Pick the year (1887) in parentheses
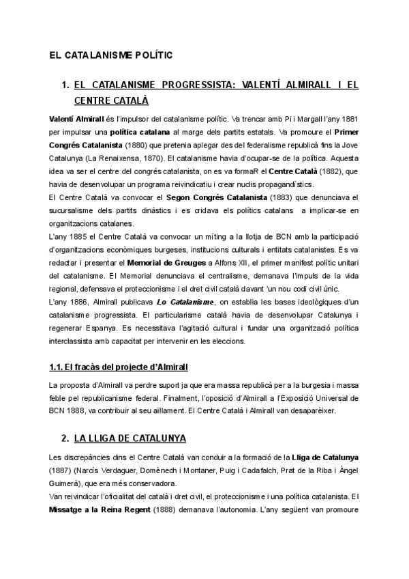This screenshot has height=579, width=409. [63, 468]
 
